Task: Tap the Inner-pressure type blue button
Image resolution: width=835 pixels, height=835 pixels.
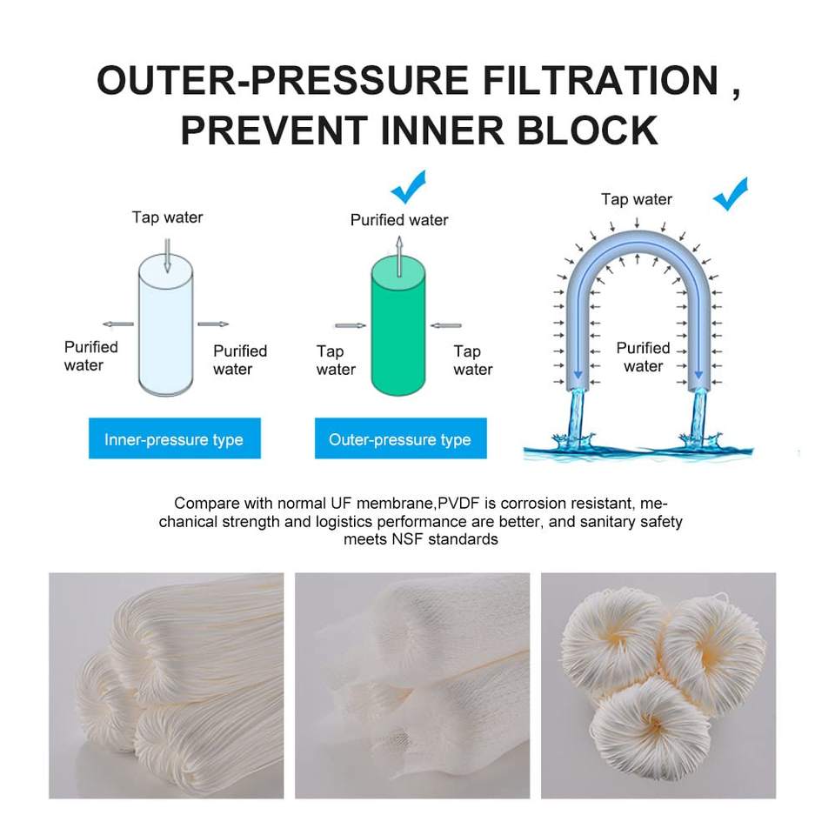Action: tap(175, 438)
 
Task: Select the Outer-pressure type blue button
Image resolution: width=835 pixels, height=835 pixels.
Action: tap(400, 438)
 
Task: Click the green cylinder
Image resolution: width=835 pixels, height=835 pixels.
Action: tap(398, 326)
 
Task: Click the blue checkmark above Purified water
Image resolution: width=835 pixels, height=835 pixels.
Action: tap(409, 186)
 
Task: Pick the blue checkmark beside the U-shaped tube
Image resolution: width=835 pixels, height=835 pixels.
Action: tap(731, 194)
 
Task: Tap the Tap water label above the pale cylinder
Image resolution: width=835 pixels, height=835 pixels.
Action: tap(167, 217)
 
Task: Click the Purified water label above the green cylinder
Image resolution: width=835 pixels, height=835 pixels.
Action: tap(399, 220)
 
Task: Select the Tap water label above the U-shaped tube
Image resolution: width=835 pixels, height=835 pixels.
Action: tap(637, 199)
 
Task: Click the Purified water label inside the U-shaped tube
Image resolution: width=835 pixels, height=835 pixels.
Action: tap(644, 357)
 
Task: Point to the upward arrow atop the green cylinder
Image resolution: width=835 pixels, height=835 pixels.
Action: tap(399, 256)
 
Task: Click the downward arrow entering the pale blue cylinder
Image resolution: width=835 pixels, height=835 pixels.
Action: tap(167, 256)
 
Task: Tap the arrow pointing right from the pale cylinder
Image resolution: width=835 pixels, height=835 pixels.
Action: tap(213, 324)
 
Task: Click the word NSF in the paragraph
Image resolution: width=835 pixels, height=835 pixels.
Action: tap(408, 539)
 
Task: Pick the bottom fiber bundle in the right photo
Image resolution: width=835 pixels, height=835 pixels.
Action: tap(651, 729)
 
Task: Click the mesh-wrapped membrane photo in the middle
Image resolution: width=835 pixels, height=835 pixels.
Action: tap(412, 685)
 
